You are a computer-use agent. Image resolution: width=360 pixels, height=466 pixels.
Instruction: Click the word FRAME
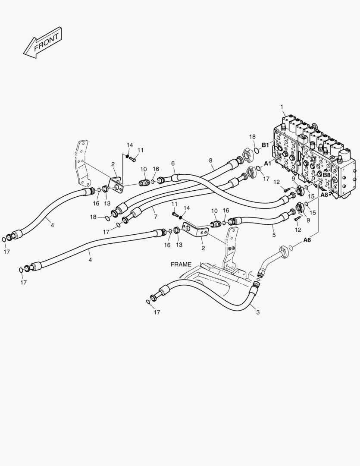tap(181, 264)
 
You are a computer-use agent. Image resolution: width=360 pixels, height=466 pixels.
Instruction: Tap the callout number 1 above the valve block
tap(282, 107)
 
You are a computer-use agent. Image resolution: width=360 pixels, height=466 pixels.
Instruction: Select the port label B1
tap(265, 145)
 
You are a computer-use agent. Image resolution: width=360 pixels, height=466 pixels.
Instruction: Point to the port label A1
tap(267, 164)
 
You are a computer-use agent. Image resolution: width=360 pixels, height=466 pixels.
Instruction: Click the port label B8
tap(326, 175)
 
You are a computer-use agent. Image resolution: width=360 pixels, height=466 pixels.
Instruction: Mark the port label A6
tap(307, 240)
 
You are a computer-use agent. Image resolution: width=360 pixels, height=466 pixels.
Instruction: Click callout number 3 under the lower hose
tap(258, 312)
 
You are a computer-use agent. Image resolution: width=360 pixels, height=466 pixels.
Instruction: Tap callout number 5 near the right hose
tap(274, 236)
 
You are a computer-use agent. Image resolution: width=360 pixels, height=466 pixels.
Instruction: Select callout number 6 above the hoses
tap(173, 163)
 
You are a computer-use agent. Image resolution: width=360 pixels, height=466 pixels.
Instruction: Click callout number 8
tap(211, 161)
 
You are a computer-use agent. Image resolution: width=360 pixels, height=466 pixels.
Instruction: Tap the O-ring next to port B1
tap(257, 150)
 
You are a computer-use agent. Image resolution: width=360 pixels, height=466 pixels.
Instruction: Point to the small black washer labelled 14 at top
tap(128, 156)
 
